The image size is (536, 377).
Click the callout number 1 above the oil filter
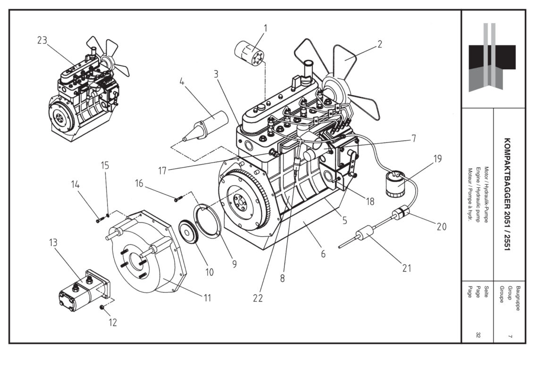(265, 28)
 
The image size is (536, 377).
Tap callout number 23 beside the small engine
(42, 41)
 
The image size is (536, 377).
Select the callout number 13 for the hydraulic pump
(53, 243)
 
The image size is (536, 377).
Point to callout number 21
(407, 268)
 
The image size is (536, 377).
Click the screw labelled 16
(177, 199)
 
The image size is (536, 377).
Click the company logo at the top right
(492, 57)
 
